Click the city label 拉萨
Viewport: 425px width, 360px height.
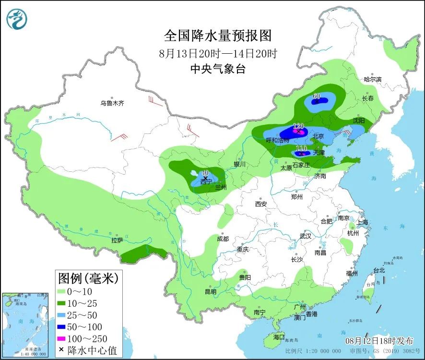[117, 240]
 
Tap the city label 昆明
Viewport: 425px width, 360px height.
[210, 291]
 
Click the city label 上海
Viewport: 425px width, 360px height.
[362, 222]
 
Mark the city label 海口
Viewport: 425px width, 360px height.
[278, 336]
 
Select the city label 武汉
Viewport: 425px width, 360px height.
[305, 236]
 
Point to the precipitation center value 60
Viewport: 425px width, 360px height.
[316, 96]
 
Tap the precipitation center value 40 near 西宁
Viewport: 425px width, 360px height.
[205, 173]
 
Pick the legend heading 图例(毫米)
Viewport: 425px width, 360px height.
[87, 277]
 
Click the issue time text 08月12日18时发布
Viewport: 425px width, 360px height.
[379, 341]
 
